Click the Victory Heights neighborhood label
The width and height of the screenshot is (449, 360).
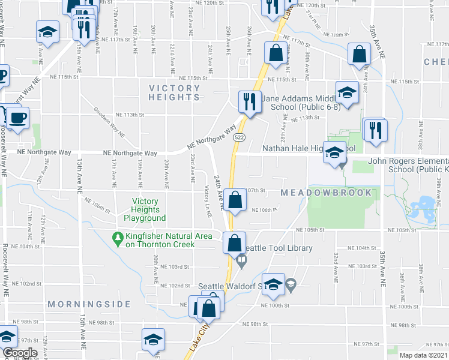(175, 92)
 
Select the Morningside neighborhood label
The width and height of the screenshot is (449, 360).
(89, 304)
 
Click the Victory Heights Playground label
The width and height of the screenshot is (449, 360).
(145, 209)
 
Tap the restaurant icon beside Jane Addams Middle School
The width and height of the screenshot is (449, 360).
(249, 102)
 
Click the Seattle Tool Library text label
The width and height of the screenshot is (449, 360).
(278, 248)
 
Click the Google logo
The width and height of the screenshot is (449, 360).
(20, 353)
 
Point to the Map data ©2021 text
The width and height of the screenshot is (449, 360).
(423, 355)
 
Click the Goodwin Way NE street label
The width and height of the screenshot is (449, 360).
(108, 122)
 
